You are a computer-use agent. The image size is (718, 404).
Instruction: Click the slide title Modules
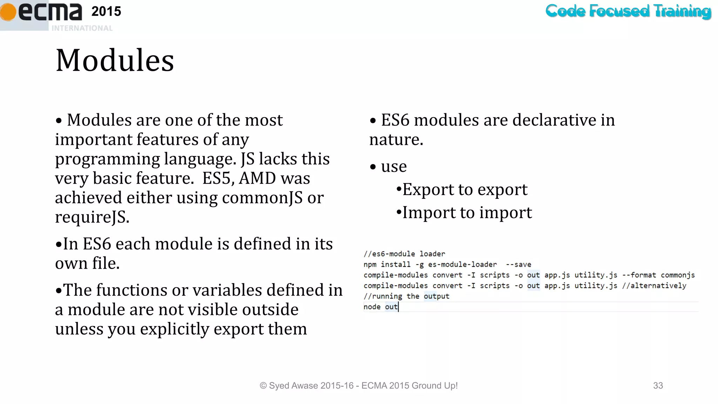click(115, 60)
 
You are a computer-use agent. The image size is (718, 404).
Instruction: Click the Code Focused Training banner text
click(628, 11)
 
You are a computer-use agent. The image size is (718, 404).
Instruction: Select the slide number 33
click(658, 385)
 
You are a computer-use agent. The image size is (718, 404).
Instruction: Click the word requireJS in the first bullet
click(92, 217)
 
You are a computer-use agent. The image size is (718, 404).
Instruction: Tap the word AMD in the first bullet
click(257, 178)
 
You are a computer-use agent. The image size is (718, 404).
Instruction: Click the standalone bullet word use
click(394, 166)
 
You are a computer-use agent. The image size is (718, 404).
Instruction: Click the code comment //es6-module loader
click(404, 254)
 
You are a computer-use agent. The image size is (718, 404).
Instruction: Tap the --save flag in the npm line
click(519, 264)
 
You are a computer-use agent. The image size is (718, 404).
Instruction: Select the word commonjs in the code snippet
click(678, 275)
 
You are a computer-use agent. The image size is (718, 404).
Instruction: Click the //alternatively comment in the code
click(654, 285)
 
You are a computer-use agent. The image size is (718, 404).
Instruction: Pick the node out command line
click(380, 307)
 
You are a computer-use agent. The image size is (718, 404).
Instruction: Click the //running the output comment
click(406, 296)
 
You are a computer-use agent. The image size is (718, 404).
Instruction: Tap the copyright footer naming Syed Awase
click(358, 385)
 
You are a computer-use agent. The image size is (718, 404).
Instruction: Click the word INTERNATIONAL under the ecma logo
click(82, 28)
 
